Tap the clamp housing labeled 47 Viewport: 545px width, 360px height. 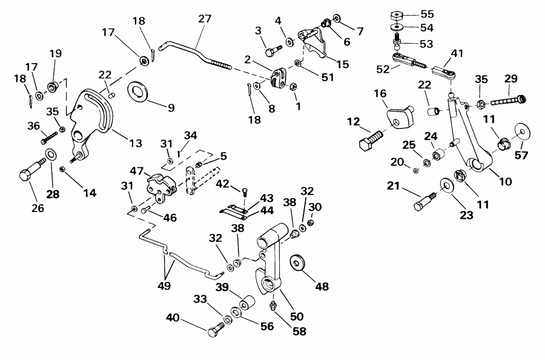[158, 185]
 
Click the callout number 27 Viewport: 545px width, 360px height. [204, 19]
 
